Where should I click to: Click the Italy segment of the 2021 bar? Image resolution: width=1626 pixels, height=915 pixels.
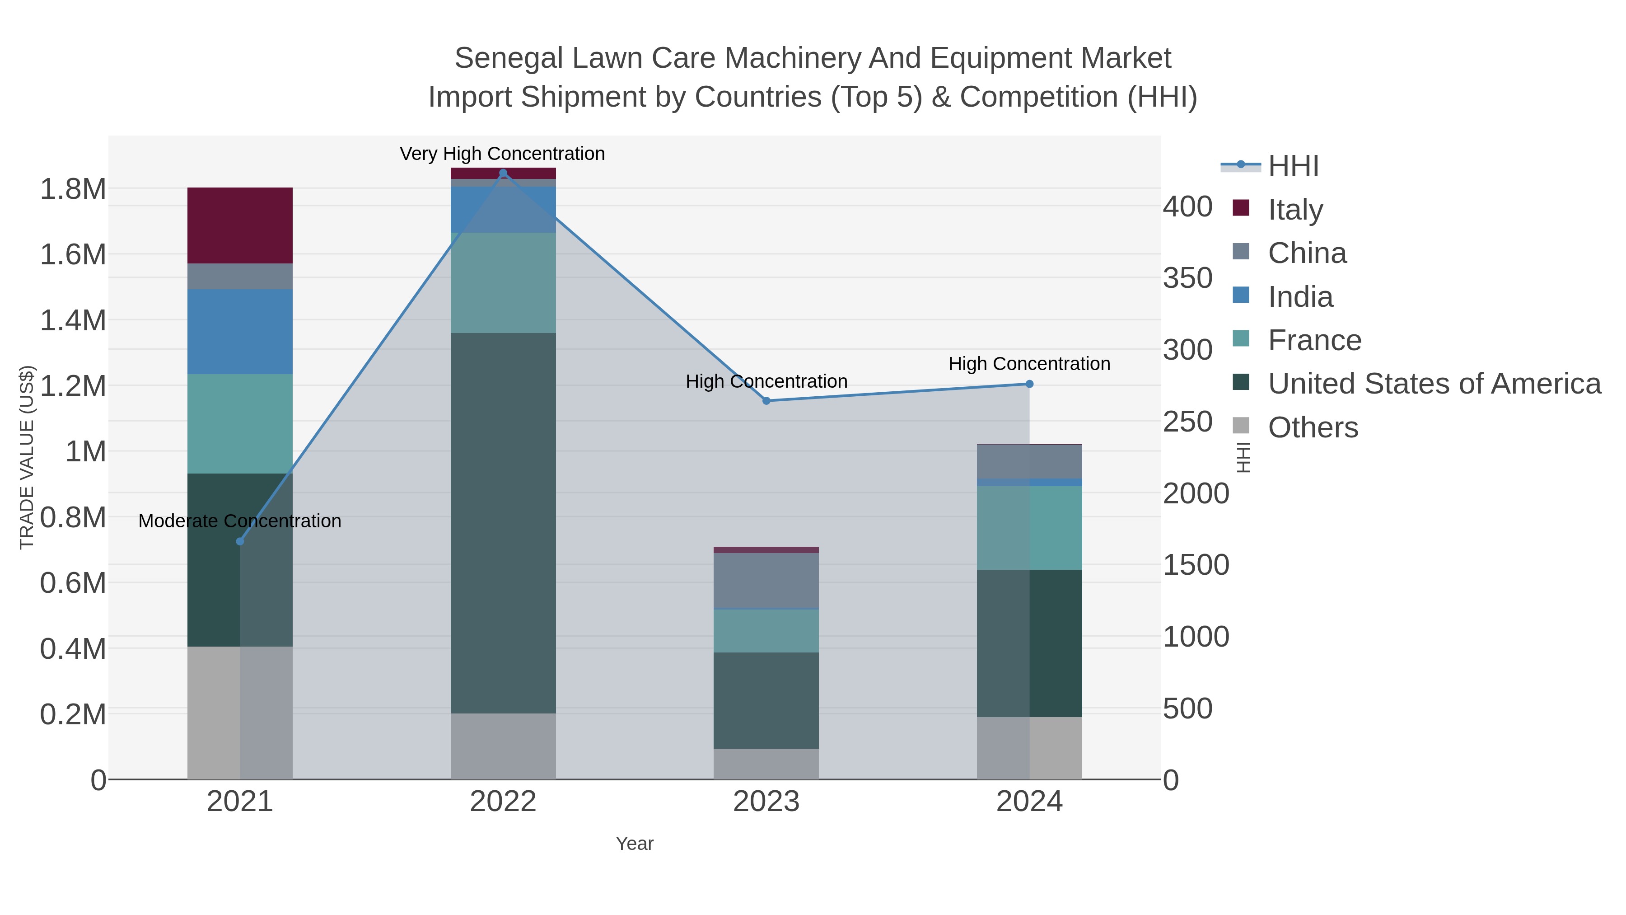(240, 225)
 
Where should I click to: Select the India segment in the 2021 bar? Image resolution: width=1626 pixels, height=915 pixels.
(240, 332)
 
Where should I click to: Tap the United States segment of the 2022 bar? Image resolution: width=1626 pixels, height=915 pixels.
(503, 523)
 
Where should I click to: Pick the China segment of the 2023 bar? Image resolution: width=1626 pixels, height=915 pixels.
(766, 580)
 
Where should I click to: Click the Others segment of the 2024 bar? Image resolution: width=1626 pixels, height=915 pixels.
(1029, 748)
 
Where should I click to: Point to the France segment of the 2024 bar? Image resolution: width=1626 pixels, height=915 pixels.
(1029, 528)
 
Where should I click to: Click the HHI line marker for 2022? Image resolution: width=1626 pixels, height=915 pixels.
(503, 173)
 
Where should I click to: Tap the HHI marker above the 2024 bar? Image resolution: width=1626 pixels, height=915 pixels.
(1029, 384)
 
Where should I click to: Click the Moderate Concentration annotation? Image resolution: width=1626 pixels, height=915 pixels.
(240, 521)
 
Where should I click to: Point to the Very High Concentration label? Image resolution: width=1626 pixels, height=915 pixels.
(502, 154)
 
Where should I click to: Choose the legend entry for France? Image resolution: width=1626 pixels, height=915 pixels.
(1314, 340)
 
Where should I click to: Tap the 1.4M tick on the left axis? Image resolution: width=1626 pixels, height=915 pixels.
(73, 320)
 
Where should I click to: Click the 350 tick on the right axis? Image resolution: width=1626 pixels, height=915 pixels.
(1187, 278)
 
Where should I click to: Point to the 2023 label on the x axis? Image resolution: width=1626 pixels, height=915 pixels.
(766, 802)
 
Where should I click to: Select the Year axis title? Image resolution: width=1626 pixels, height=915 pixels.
(635, 844)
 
